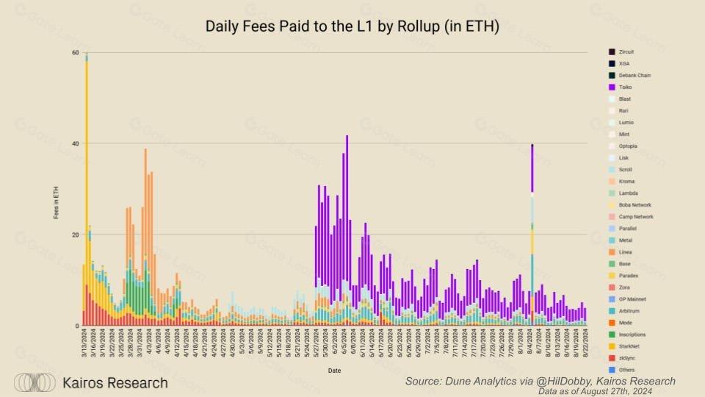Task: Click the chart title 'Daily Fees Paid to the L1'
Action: (352, 27)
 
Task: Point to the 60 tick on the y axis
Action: (76, 52)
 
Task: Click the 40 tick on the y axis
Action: (76, 143)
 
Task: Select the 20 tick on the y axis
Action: (76, 235)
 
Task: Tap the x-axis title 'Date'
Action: (334, 370)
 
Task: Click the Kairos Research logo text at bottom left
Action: (115, 383)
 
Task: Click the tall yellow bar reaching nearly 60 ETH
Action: (87, 184)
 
